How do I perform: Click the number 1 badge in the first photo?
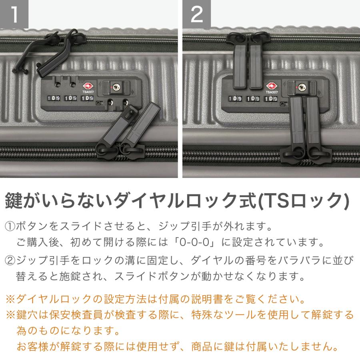[x=14, y=14]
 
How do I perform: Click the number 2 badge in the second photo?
[x=197, y=14]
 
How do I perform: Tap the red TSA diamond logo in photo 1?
[x=88, y=86]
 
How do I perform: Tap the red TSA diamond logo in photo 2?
[x=272, y=86]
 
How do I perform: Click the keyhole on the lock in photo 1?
[x=116, y=87]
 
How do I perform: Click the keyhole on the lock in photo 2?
[x=302, y=87]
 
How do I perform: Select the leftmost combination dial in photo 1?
[x=54, y=98]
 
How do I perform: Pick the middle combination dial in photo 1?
[x=70, y=98]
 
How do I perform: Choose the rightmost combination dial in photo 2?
[x=271, y=99]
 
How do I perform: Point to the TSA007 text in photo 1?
[x=88, y=92]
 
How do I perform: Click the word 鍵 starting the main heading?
[x=14, y=201]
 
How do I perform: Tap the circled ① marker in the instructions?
[x=10, y=227]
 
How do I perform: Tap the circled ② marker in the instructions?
[x=10, y=261]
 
